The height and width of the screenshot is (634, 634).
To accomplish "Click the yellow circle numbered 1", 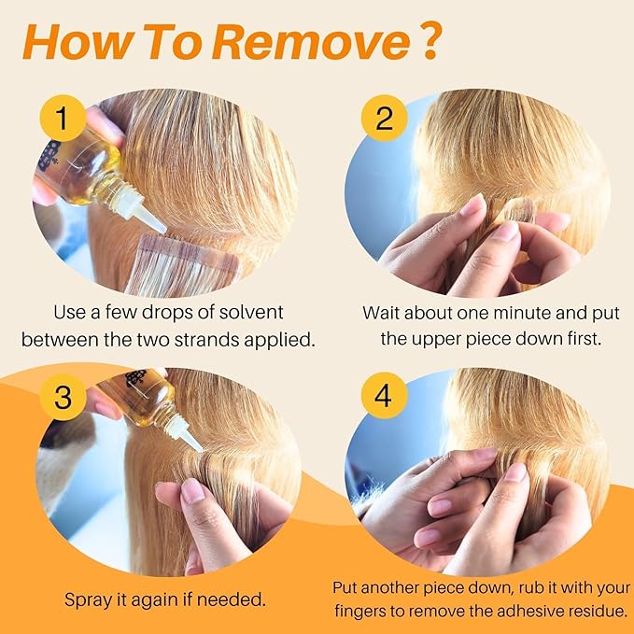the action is tap(63, 118).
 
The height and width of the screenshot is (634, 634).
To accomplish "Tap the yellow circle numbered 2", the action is tap(384, 118).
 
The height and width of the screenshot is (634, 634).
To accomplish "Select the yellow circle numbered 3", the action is tap(63, 397).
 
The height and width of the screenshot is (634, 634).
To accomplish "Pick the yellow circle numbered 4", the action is tap(384, 396).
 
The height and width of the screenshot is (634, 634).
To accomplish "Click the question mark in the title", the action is tap(428, 41).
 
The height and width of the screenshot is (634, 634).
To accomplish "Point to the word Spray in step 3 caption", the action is tap(88, 600).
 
